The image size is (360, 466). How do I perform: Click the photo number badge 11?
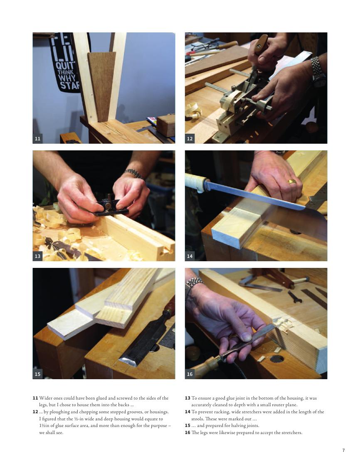37,139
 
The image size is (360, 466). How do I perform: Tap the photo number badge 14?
190,256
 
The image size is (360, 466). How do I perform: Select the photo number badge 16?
190,374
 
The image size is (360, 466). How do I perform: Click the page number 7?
344,450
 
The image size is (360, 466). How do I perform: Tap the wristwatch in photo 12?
318,71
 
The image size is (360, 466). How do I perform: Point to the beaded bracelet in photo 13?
133,173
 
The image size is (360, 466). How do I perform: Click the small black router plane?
110,205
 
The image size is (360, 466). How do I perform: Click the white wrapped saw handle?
196,182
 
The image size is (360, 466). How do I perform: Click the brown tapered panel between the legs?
101,86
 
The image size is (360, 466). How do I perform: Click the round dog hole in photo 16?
277,359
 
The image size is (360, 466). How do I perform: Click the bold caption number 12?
35,412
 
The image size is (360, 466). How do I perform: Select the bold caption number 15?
187,426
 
